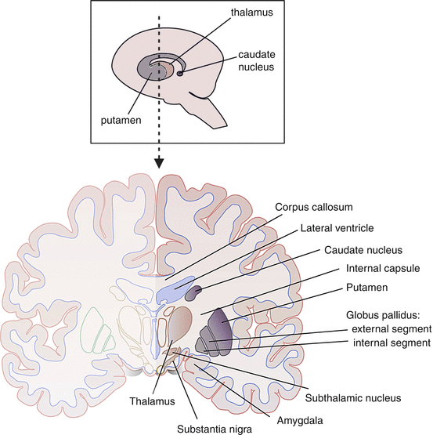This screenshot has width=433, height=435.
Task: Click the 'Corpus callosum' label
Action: pos(312,208)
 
